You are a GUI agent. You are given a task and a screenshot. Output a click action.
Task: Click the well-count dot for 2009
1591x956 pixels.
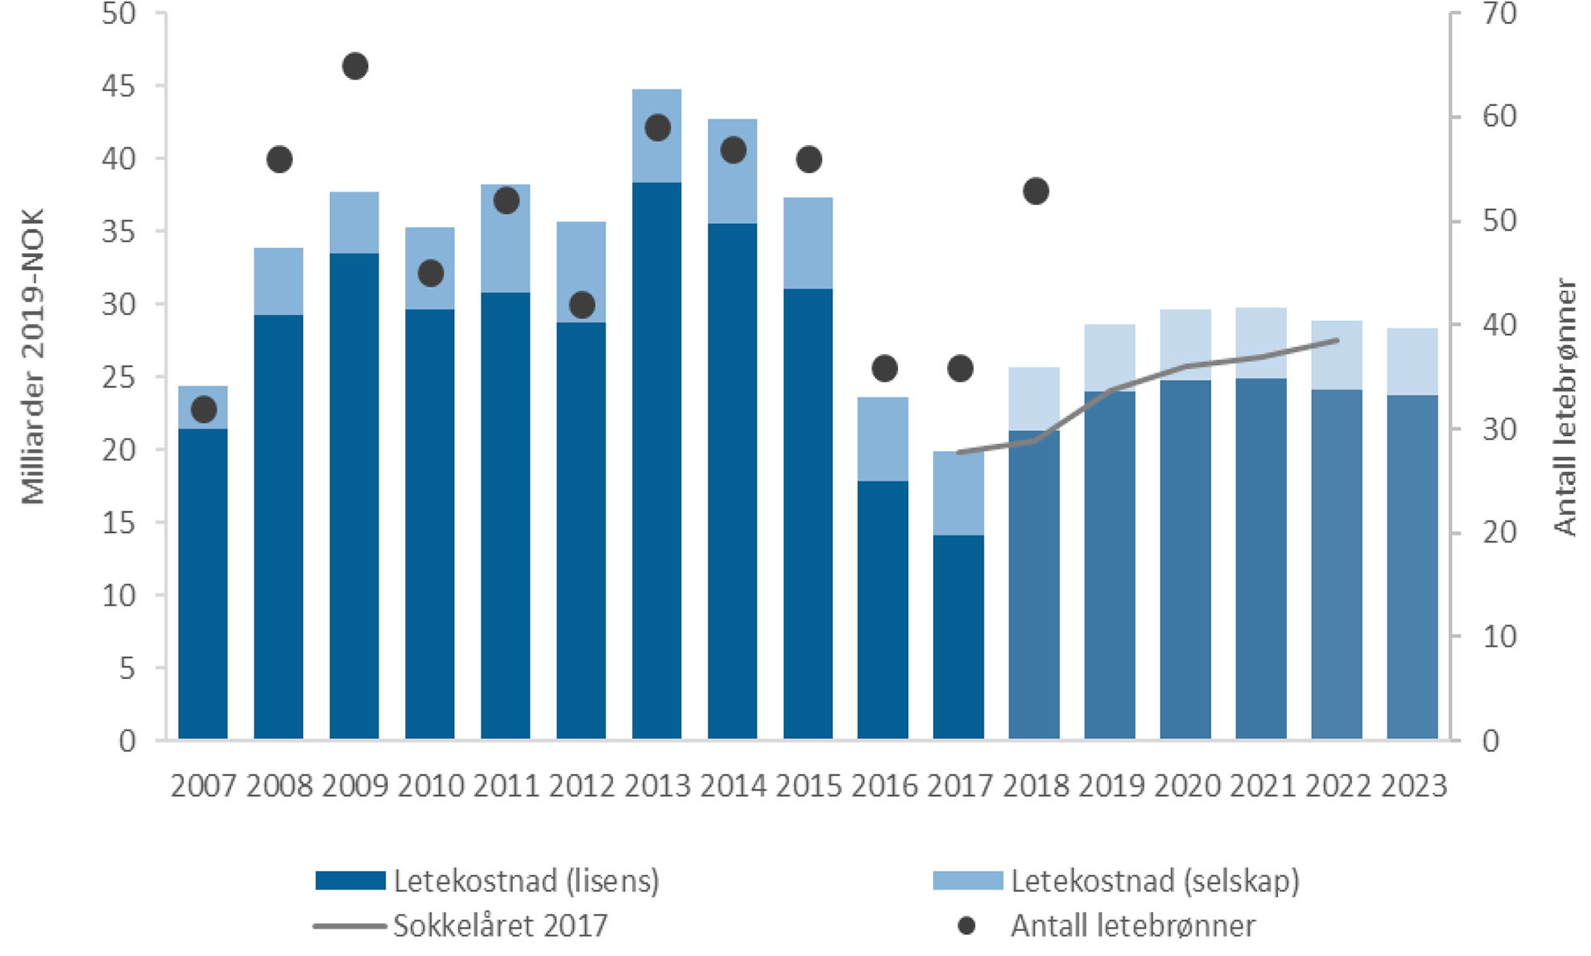click(355, 66)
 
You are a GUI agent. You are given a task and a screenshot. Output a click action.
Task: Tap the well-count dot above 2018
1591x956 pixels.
click(1036, 192)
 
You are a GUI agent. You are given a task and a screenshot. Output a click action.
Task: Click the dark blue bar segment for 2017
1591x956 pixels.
click(959, 637)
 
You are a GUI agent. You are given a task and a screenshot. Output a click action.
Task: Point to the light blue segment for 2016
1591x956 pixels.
click(883, 439)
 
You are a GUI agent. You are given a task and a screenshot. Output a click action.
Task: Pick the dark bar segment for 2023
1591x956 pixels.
click(1413, 568)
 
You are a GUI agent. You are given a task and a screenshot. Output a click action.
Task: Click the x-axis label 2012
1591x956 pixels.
click(582, 786)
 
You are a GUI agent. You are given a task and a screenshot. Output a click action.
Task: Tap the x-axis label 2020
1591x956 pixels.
click(1187, 786)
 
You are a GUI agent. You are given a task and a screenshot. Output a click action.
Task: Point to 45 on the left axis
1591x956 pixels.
click(118, 86)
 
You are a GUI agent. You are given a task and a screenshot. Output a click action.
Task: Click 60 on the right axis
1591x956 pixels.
click(1499, 116)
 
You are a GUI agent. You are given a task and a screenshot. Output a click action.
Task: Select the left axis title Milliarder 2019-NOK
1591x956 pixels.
click(33, 357)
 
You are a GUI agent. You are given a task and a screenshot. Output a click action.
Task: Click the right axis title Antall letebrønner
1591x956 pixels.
click(1564, 406)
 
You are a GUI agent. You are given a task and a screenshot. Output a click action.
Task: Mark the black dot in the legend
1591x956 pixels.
click(966, 925)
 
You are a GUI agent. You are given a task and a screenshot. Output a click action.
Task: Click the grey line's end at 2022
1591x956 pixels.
click(1337, 340)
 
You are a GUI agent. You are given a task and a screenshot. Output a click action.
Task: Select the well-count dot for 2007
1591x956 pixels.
click(204, 410)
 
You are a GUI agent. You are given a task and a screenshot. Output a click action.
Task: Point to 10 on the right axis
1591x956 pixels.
click(1499, 637)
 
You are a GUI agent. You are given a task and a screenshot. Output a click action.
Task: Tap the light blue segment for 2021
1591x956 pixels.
click(1261, 342)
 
